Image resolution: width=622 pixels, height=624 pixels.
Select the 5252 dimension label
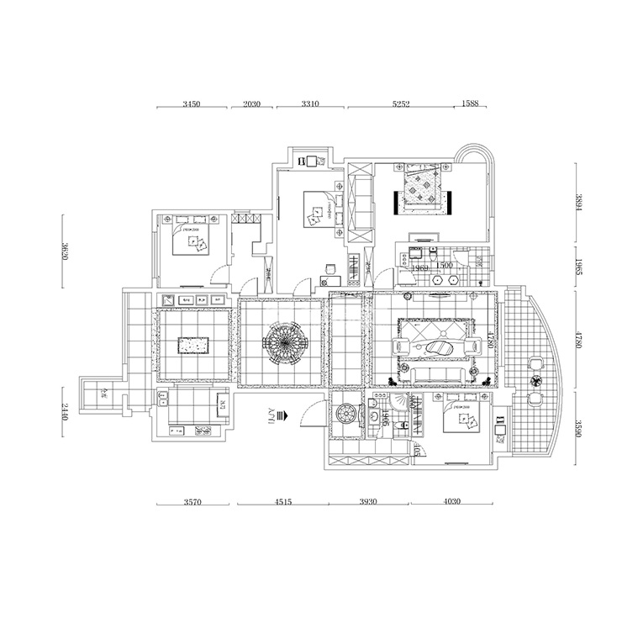point(401,105)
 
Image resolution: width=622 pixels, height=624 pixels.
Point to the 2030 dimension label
point(252,105)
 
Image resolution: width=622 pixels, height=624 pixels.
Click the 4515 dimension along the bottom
point(282,503)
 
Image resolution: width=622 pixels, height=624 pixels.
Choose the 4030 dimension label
point(452,503)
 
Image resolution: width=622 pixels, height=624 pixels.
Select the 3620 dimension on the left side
point(65,251)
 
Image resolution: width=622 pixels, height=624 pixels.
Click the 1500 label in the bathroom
point(445,266)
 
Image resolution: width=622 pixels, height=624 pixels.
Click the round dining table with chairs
point(280,343)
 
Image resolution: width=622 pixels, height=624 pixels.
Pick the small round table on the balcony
point(534,379)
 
